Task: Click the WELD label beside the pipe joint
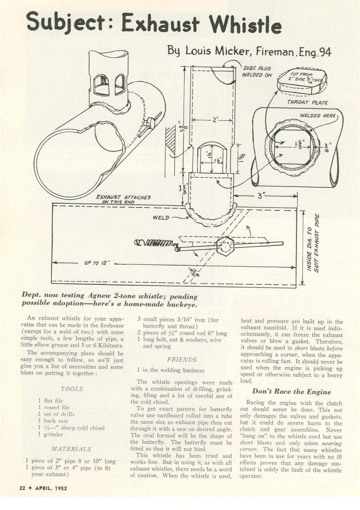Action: point(161,217)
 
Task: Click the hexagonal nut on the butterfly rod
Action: point(228,243)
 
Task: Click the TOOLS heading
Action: point(72,389)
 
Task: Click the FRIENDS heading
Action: point(182,359)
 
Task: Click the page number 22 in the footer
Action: point(22,488)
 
